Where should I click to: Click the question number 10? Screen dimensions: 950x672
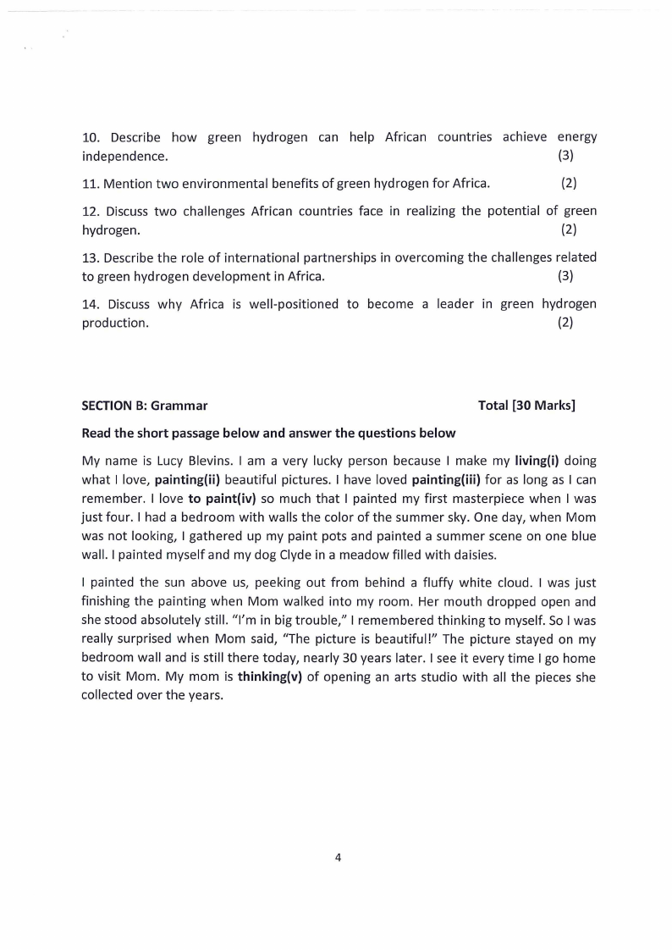coord(91,137)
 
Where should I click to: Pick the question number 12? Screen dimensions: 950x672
coord(91,211)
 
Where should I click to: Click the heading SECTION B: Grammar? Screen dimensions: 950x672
coord(144,406)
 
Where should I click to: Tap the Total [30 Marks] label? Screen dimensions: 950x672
coord(526,406)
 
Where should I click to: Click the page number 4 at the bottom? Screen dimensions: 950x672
coord(338,858)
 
